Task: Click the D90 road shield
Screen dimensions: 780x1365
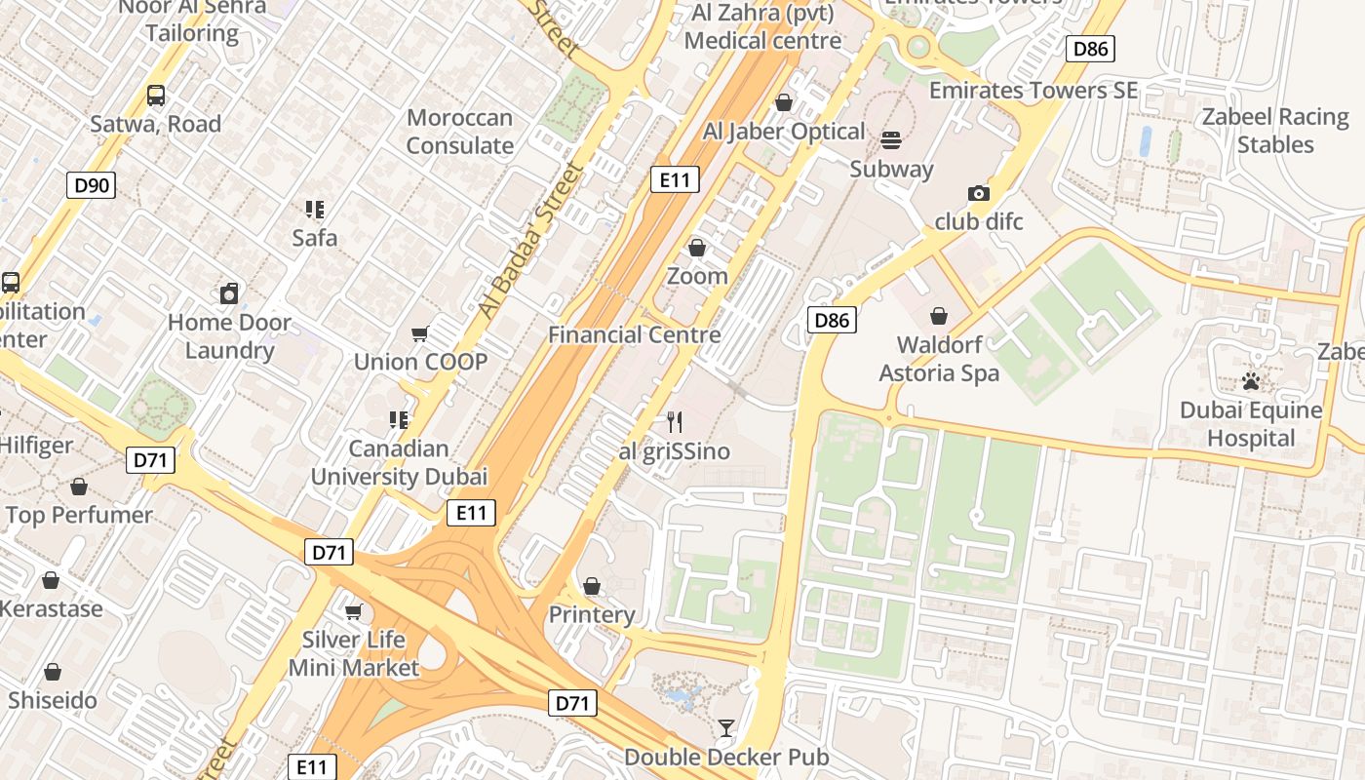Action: [92, 185]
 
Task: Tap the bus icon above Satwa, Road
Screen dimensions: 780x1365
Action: [156, 96]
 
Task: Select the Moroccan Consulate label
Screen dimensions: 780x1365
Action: [459, 132]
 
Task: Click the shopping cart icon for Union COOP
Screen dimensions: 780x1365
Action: [420, 334]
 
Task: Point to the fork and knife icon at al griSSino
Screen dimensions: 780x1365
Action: [674, 422]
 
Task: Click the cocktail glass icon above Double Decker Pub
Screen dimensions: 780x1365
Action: [726, 728]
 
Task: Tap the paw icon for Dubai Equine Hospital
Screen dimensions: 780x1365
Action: [1251, 381]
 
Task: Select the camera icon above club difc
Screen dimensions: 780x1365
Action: [979, 194]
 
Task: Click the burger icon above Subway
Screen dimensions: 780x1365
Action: [891, 140]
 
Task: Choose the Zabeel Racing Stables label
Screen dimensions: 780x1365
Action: [1275, 131]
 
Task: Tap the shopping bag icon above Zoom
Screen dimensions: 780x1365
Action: [697, 248]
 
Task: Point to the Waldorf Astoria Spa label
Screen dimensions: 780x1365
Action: [939, 358]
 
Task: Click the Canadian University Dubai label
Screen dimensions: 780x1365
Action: [399, 462]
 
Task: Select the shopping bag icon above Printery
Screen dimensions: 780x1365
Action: [592, 586]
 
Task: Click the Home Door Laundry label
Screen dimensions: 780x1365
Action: [229, 336]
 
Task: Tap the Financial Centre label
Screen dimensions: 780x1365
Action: [635, 334]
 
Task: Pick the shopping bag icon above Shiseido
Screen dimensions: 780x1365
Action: [53, 672]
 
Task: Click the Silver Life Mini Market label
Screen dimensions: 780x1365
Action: [353, 653]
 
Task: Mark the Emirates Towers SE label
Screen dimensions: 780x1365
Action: [1033, 91]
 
